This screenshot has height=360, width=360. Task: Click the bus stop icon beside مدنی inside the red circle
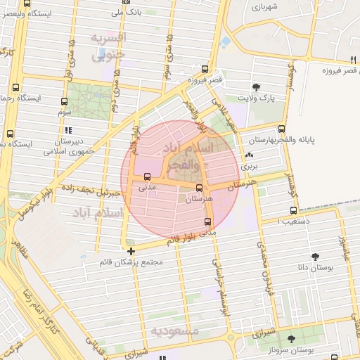[x=147, y=177]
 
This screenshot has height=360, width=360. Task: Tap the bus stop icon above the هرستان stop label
[x=200, y=188]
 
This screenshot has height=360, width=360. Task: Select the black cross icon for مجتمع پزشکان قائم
[x=131, y=250]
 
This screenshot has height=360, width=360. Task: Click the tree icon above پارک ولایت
[x=256, y=87]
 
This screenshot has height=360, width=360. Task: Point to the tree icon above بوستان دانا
[x=314, y=257]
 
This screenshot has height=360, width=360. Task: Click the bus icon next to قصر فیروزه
[x=205, y=69]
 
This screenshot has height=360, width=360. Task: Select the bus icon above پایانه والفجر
[x=282, y=129]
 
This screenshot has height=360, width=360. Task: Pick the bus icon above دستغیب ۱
[x=293, y=210]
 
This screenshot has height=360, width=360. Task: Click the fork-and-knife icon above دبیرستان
[x=67, y=130]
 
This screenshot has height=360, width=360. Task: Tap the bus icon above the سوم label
[x=65, y=101]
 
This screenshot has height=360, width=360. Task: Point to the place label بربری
[x=250, y=167]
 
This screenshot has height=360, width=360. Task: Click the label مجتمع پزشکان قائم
[x=132, y=263]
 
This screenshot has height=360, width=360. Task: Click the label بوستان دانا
[x=330, y=268]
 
